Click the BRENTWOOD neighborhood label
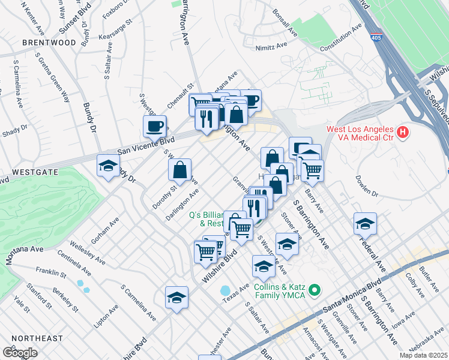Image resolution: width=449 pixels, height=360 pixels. tap(49, 43)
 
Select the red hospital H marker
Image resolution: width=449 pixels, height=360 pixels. tap(403, 131)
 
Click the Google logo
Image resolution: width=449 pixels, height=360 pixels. tap(20, 352)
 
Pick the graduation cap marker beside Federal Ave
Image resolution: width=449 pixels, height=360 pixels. tap(365, 224)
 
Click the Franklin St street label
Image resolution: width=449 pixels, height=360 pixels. tap(50, 275)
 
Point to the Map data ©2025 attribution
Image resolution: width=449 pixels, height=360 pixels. tap(421, 355)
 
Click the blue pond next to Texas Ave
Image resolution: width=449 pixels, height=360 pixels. tap(226, 290)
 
